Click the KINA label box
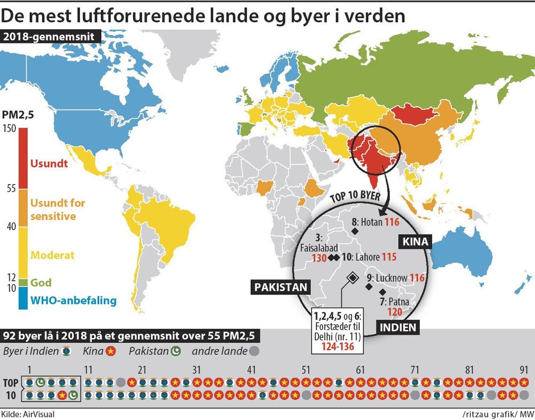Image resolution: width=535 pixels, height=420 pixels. pyautogui.click(x=415, y=242)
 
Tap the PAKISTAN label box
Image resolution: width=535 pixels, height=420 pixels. pyautogui.click(x=281, y=287)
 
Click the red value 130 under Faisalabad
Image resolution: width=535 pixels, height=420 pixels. pyautogui.click(x=319, y=258)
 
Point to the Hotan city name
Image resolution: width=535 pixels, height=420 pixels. pyautogui.click(x=371, y=221)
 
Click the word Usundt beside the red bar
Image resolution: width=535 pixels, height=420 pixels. pyautogui.click(x=49, y=164)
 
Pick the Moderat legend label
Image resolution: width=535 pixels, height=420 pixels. pyautogui.click(x=53, y=255)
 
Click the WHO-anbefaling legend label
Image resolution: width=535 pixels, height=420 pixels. pyautogui.click(x=73, y=300)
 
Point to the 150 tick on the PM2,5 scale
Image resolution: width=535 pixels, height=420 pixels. pyautogui.click(x=9, y=128)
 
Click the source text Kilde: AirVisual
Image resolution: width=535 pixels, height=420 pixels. pyautogui.click(x=28, y=414)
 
